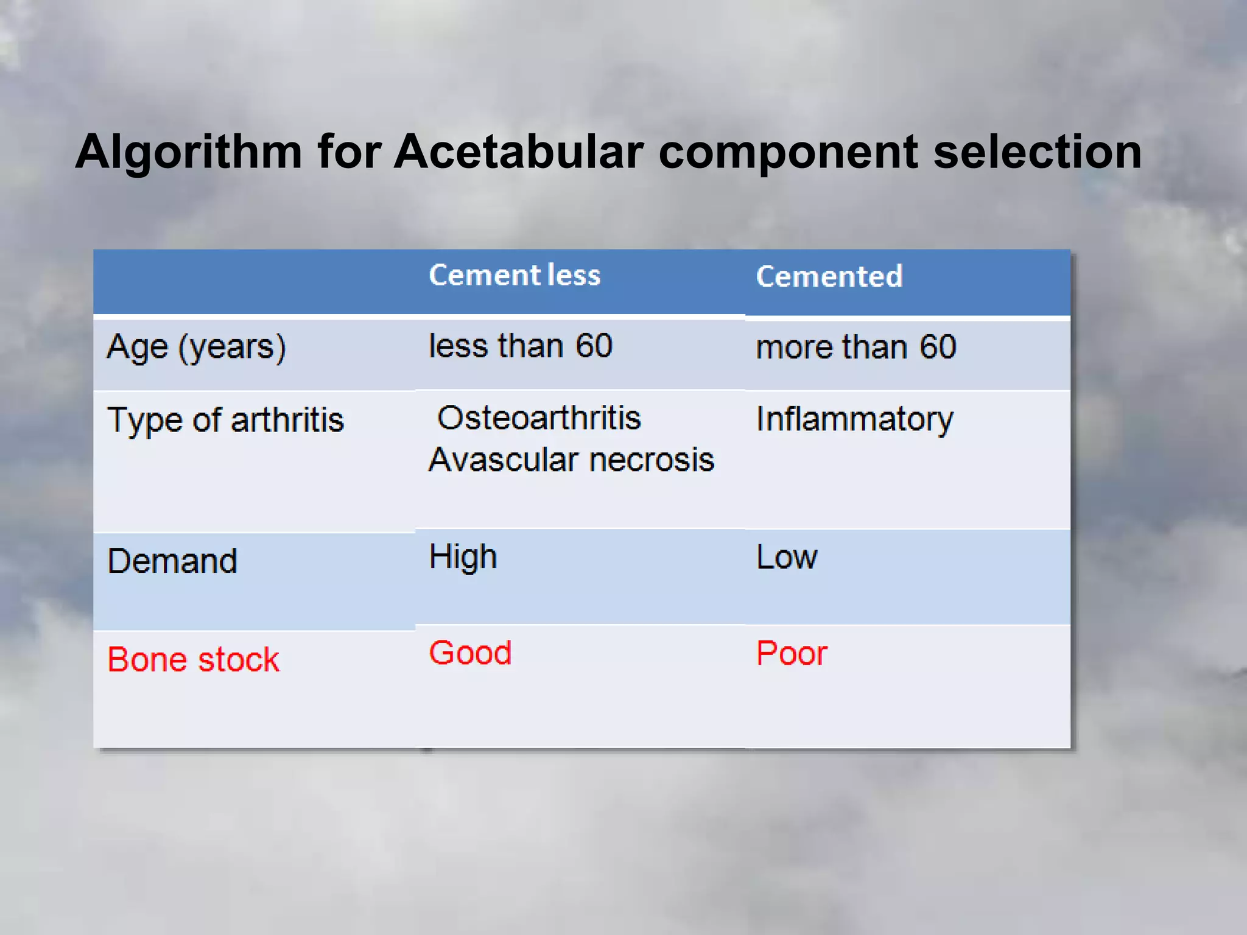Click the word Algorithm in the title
[189, 152]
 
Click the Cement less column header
[515, 275]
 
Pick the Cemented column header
[829, 276]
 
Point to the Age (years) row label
[196, 347]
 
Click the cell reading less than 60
[520, 346]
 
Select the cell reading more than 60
[855, 347]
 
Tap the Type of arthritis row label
[225, 420]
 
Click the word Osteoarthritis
[539, 418]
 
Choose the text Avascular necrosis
[571, 460]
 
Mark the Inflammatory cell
[854, 419]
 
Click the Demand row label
[172, 561]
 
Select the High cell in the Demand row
[463, 557]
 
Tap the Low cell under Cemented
[786, 557]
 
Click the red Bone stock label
[193, 660]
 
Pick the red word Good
[470, 653]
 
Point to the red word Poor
[791, 654]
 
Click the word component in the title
[788, 152]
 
